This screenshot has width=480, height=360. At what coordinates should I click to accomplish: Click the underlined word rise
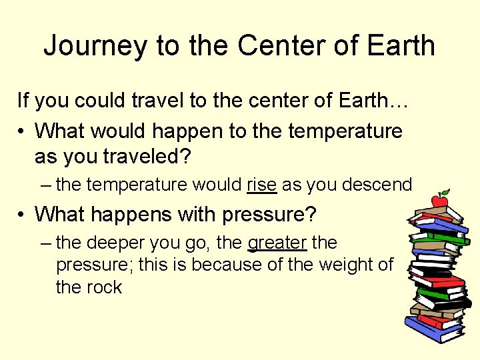point(261,184)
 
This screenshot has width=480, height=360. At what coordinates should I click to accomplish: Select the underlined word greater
point(277,243)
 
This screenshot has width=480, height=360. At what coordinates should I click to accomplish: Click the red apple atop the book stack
point(439,199)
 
